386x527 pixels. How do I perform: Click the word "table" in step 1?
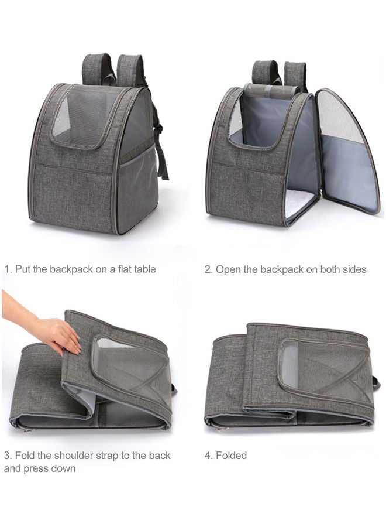pyautogui.click(x=143, y=269)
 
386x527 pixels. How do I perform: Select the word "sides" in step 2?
pyautogui.click(x=353, y=269)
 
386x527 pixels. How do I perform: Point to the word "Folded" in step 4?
pyautogui.click(x=232, y=456)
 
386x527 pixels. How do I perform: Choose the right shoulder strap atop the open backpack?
pyautogui.click(x=295, y=74)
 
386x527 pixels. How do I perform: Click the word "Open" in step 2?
pyautogui.click(x=228, y=269)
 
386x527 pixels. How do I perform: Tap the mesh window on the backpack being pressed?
pyautogui.click(x=126, y=366)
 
